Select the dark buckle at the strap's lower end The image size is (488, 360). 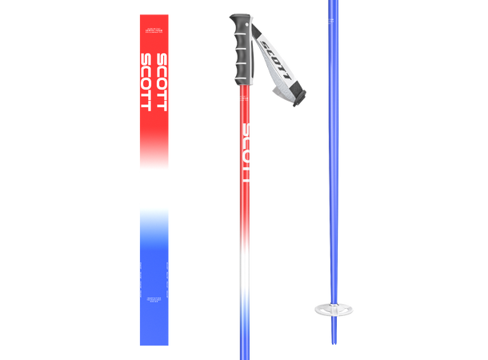pyautogui.click(x=296, y=98)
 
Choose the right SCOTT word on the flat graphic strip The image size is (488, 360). pyautogui.click(x=162, y=82)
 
